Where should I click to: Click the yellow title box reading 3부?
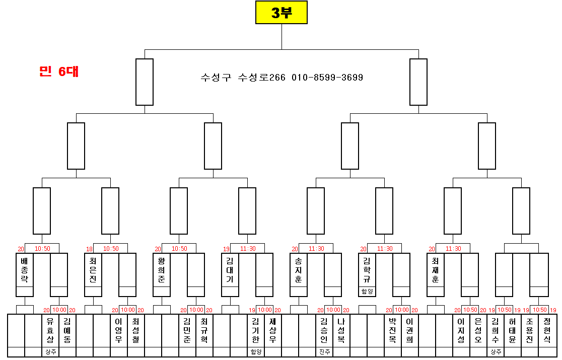tap(281, 13)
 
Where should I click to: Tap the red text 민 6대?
tap(59, 71)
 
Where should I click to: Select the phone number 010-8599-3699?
tap(327, 78)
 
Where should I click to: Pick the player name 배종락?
tap(25, 270)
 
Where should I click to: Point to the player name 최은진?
tap(93, 270)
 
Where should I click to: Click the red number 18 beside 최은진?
tap(89, 249)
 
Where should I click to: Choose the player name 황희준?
tap(162, 270)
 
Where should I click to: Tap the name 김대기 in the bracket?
tap(230, 270)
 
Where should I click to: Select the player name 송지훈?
tap(299, 270)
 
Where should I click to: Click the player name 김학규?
tap(367, 270)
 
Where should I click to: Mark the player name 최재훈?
tap(436, 270)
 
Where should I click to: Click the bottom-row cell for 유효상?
tap(50, 330)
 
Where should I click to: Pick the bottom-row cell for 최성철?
tap(136, 330)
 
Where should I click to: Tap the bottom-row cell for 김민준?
tap(187, 330)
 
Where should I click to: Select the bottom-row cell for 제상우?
tap(272, 330)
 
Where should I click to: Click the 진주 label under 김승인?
tap(324, 352)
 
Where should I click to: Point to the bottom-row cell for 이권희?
tap(410, 330)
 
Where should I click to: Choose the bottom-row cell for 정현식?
tap(547, 330)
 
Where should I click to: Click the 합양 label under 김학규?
tap(367, 292)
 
